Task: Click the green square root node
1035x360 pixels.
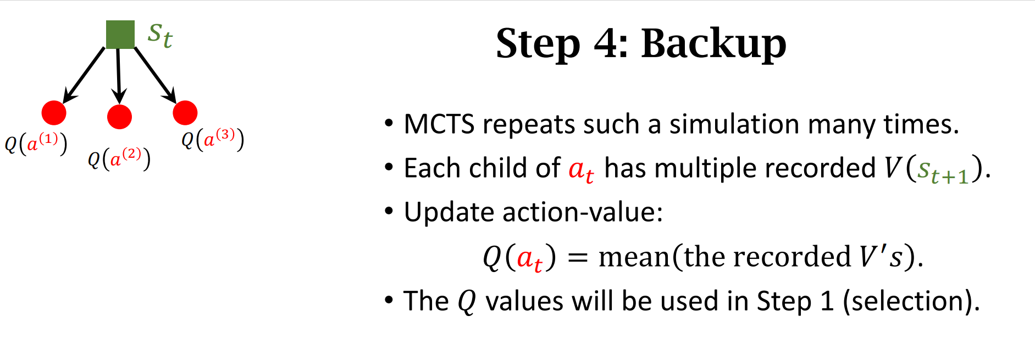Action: point(120,35)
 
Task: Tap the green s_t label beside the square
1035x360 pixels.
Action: point(160,36)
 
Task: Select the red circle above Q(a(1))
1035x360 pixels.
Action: point(54,113)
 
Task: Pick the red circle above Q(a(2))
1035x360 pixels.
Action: point(119,117)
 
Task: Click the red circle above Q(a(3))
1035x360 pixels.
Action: point(185,113)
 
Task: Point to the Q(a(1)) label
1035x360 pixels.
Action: point(36,143)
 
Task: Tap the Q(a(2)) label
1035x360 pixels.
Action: point(119,159)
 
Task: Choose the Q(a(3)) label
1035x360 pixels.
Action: point(213,139)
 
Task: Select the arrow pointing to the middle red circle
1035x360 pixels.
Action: point(119,76)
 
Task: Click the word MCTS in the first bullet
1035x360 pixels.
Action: point(439,124)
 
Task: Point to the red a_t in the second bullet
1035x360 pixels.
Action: point(581,169)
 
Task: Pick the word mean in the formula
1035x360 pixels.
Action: point(633,257)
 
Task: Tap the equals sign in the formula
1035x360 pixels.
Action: point(578,257)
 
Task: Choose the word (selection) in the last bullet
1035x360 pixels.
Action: point(911,301)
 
